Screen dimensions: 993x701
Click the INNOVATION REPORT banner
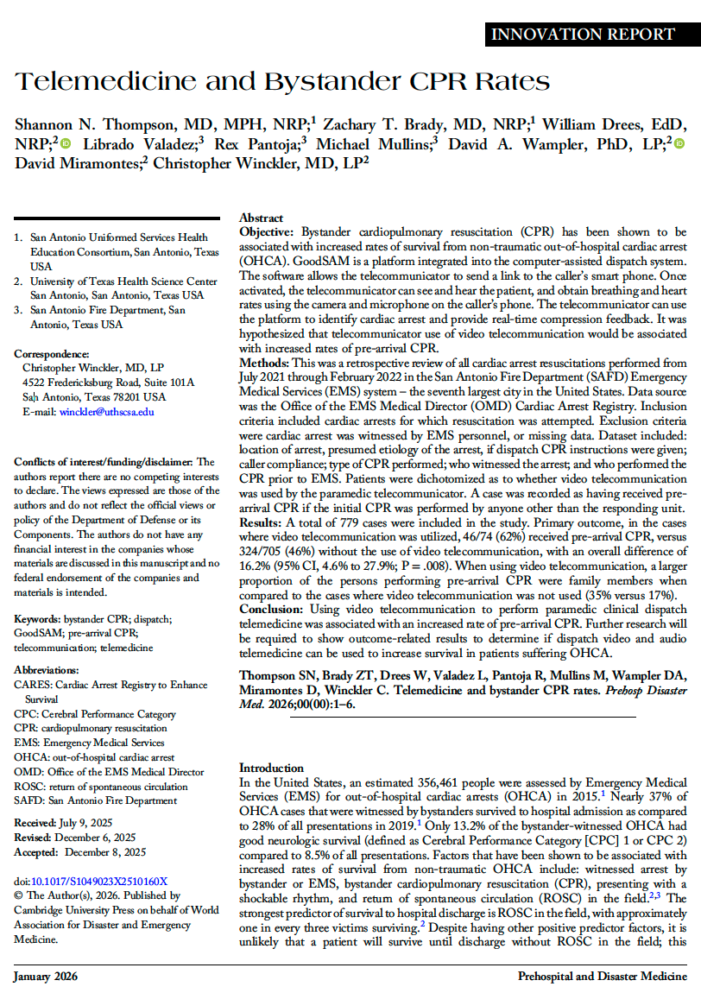point(582,35)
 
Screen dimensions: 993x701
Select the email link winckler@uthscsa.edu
point(106,412)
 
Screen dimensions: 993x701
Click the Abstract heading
point(261,218)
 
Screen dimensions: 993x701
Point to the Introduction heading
point(271,768)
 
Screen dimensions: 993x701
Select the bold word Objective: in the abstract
point(267,232)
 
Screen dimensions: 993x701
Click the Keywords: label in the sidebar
point(39,619)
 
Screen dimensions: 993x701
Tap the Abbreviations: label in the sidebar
point(47,669)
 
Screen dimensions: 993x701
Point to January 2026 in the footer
point(45,977)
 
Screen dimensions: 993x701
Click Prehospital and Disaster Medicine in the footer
point(602,977)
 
